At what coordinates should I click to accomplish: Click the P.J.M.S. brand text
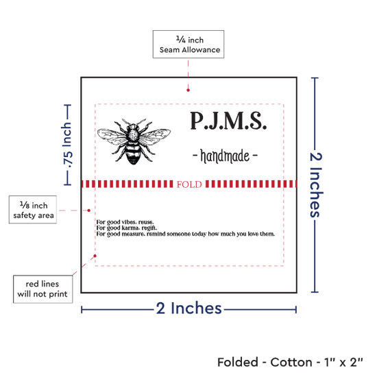(228, 121)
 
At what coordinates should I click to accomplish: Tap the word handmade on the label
(225, 156)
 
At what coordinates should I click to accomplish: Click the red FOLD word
(189, 184)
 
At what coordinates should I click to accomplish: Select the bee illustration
(134, 141)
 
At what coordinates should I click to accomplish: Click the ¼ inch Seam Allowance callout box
(188, 45)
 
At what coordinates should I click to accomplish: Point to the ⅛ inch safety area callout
(33, 210)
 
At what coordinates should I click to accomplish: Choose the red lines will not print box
(42, 289)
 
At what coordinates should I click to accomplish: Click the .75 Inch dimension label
(67, 145)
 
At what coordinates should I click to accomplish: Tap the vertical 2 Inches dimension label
(316, 185)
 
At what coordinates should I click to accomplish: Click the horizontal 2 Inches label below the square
(188, 308)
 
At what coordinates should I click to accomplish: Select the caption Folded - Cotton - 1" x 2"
(290, 362)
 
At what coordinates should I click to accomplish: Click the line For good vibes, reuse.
(125, 222)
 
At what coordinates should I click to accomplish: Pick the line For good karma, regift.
(127, 228)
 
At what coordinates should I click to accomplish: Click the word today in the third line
(199, 234)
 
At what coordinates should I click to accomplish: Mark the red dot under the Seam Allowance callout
(188, 90)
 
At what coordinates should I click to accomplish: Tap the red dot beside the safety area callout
(88, 210)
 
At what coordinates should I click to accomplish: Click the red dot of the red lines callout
(95, 256)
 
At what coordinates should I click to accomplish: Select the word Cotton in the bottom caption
(291, 362)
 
